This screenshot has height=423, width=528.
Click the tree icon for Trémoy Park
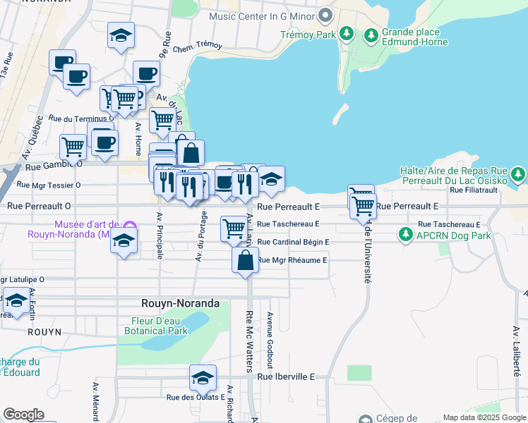pos(347,33)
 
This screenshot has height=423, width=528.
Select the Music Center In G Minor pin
pos(325,15)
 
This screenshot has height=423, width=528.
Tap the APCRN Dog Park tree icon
pos(407,234)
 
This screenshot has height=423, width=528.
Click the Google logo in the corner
pos(24,415)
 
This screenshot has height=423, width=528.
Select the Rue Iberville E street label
pos(286,377)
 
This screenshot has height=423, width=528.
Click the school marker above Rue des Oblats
pos(203,379)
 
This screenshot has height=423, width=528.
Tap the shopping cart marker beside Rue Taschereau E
pos(234,228)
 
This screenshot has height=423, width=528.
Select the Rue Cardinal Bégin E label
pos(294,242)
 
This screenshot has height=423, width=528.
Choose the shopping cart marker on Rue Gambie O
pos(73,147)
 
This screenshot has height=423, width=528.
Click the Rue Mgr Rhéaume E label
pos(292,260)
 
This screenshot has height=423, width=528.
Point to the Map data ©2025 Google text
pos(484,417)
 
